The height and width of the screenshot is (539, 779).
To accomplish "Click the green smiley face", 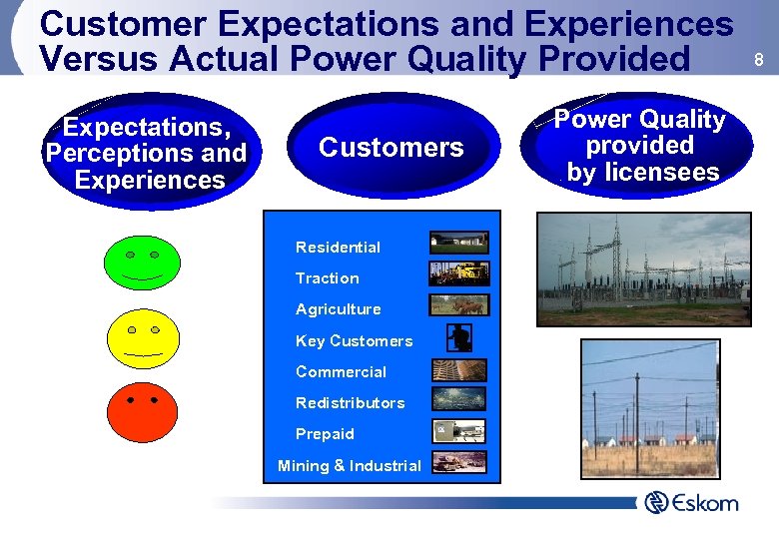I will pyautogui.click(x=142, y=262).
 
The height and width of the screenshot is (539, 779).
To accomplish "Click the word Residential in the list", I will pyautogui.click(x=338, y=247).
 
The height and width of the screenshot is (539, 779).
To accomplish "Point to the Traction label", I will pyautogui.click(x=327, y=278).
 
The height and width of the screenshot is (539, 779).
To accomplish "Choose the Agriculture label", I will pyautogui.click(x=338, y=309).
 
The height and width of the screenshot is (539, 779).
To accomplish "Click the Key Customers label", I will pyautogui.click(x=354, y=340).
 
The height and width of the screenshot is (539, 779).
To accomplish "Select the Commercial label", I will pyautogui.click(x=341, y=371).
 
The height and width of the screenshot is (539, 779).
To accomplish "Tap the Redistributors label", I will pyautogui.click(x=350, y=403).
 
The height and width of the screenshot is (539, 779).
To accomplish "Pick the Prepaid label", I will pyautogui.click(x=325, y=434).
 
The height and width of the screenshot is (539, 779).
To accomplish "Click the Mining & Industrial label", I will pyautogui.click(x=349, y=465).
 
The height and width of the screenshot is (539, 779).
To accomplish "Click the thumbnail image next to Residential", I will pyautogui.click(x=459, y=242).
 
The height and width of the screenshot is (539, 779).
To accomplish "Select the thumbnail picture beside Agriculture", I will pyautogui.click(x=459, y=304).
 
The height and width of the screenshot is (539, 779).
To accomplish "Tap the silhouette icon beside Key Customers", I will pyautogui.click(x=459, y=338).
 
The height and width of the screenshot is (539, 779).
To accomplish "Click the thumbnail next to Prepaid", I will pyautogui.click(x=459, y=431).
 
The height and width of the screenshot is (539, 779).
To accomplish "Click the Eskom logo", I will pyautogui.click(x=691, y=502).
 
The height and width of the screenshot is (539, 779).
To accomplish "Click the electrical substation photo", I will pyautogui.click(x=644, y=269).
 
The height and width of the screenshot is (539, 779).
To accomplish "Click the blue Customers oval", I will pyautogui.click(x=391, y=149).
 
